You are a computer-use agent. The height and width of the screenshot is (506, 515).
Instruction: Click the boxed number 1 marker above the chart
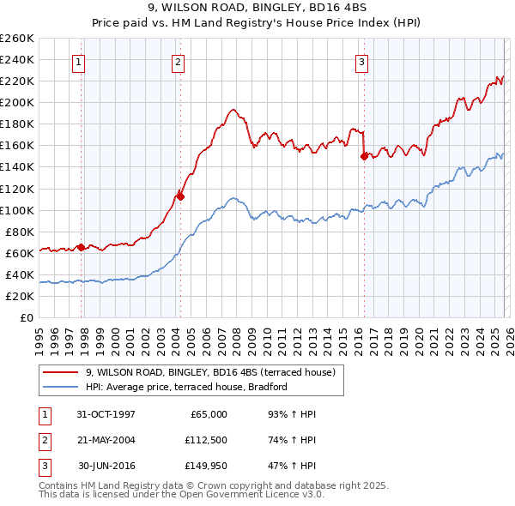click(x=79, y=61)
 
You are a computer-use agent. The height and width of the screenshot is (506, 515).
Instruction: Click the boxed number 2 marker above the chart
click(x=178, y=61)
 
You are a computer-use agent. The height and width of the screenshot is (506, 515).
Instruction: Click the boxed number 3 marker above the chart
click(x=362, y=61)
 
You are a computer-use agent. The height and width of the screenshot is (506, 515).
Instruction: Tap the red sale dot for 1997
click(x=82, y=247)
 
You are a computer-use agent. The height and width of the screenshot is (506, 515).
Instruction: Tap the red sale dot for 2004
click(x=180, y=196)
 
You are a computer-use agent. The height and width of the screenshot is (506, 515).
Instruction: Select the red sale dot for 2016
click(x=364, y=156)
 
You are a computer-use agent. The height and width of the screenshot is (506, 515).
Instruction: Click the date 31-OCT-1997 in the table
click(x=106, y=414)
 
